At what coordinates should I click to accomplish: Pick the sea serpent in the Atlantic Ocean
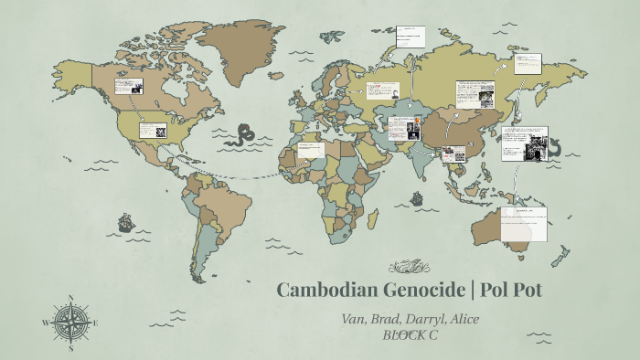[x=243, y=137]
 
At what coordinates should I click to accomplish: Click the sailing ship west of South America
[x=125, y=223]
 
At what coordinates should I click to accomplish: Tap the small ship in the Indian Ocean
[x=417, y=197]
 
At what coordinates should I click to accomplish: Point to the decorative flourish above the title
[x=409, y=267]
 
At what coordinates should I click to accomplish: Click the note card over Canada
[x=129, y=87]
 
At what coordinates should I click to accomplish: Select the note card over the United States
[x=152, y=130]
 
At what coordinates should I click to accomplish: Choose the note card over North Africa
[x=311, y=150]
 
